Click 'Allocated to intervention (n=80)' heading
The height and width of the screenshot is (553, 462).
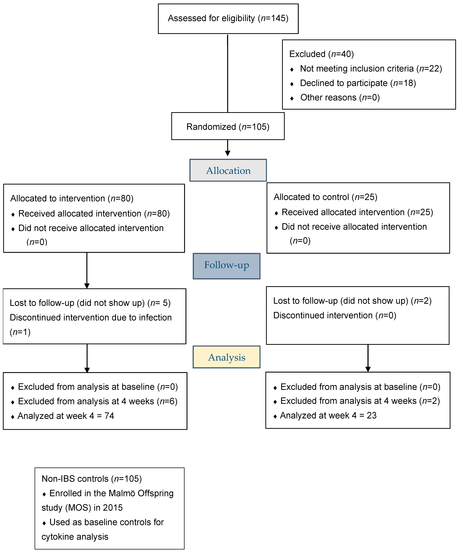tap(72, 198)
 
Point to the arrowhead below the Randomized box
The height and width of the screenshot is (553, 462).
tap(228, 153)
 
